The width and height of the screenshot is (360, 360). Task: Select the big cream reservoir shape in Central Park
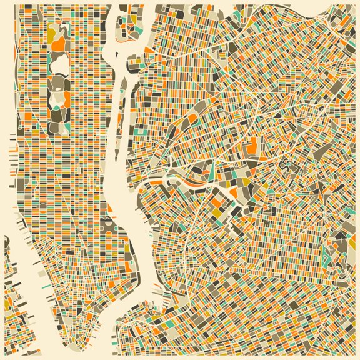[x=59, y=62]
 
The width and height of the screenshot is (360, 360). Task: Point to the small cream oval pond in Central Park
[x=58, y=97]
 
